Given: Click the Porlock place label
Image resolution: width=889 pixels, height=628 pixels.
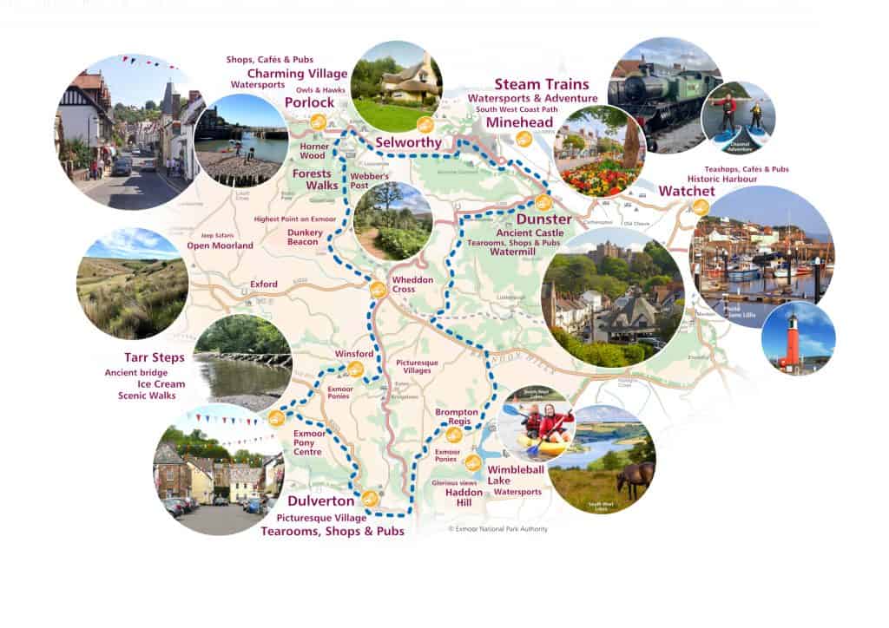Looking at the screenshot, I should click(304, 102).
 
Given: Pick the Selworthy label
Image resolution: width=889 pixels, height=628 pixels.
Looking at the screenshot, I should click(408, 141).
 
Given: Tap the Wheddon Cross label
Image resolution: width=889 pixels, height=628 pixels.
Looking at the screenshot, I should click(410, 285).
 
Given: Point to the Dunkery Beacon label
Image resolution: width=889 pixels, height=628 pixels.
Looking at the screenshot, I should click(304, 238).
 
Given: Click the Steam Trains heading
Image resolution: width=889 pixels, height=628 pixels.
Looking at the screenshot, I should click(541, 84).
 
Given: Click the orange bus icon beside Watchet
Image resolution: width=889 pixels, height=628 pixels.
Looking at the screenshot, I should click(700, 206).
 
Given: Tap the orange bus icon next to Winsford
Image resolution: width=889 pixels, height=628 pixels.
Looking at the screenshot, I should click(355, 369).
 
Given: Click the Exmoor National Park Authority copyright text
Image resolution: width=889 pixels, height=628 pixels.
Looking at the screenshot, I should click(497, 528).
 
